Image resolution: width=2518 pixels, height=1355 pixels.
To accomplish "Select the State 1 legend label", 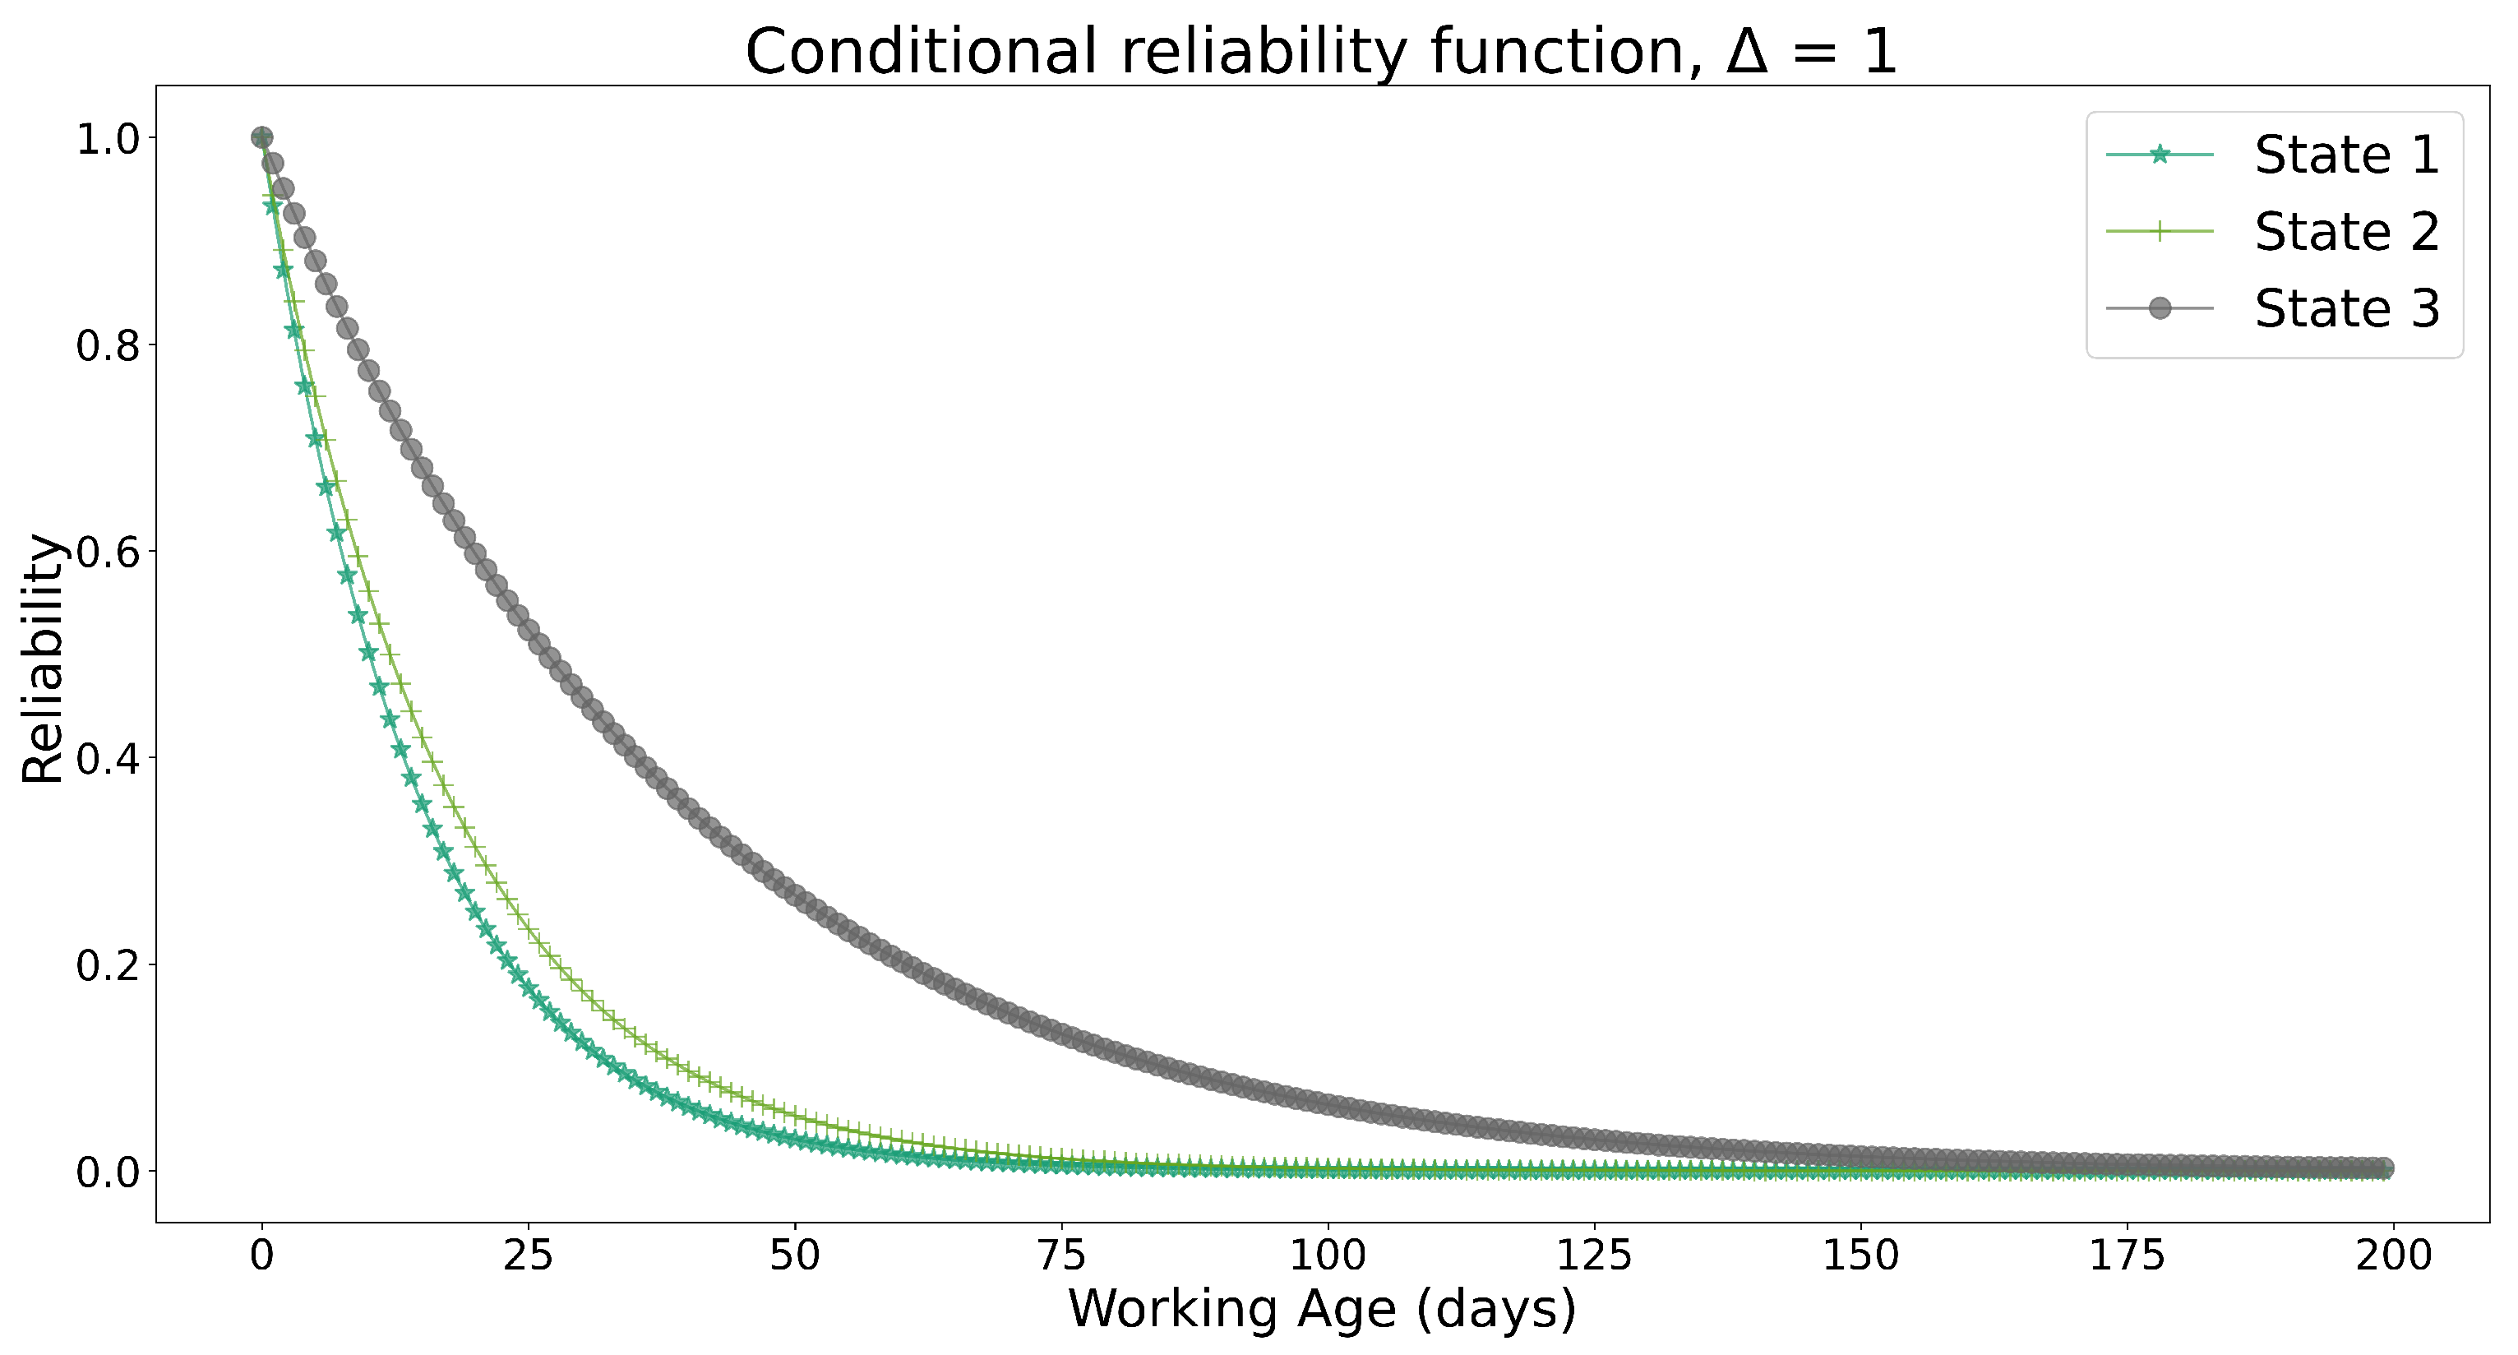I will coord(2347,155).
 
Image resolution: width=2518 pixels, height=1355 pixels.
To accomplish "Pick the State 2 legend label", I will coord(2347,232).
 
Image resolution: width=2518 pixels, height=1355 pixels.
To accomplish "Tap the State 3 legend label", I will coord(2347,309).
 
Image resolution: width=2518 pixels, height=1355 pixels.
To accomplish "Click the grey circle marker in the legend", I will coord(2160,309).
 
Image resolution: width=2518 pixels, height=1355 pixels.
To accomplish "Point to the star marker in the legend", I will coord(2160,155).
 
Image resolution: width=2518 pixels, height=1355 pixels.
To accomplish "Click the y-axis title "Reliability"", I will coord(43,658).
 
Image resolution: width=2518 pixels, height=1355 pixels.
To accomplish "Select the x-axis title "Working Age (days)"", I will coord(1322,1308).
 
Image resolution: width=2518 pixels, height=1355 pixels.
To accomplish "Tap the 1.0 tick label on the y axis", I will coord(108,139).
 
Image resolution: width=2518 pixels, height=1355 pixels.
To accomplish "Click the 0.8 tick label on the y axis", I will coord(108,346).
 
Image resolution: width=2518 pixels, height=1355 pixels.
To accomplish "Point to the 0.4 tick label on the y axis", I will coord(108,759).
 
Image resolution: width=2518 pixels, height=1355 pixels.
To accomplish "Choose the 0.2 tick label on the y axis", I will coord(108,966).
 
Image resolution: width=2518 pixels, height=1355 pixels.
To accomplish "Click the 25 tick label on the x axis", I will coord(528,1256).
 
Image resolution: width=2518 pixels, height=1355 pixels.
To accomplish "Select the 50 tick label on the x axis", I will coord(795,1256).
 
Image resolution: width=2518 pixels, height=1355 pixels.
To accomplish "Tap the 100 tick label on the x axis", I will coord(1328,1256).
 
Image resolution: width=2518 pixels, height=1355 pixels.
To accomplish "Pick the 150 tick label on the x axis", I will coord(1860,1256).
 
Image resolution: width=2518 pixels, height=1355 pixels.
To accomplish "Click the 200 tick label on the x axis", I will coord(2393,1256).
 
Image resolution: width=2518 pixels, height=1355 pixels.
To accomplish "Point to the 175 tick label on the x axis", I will coord(2127,1256).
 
